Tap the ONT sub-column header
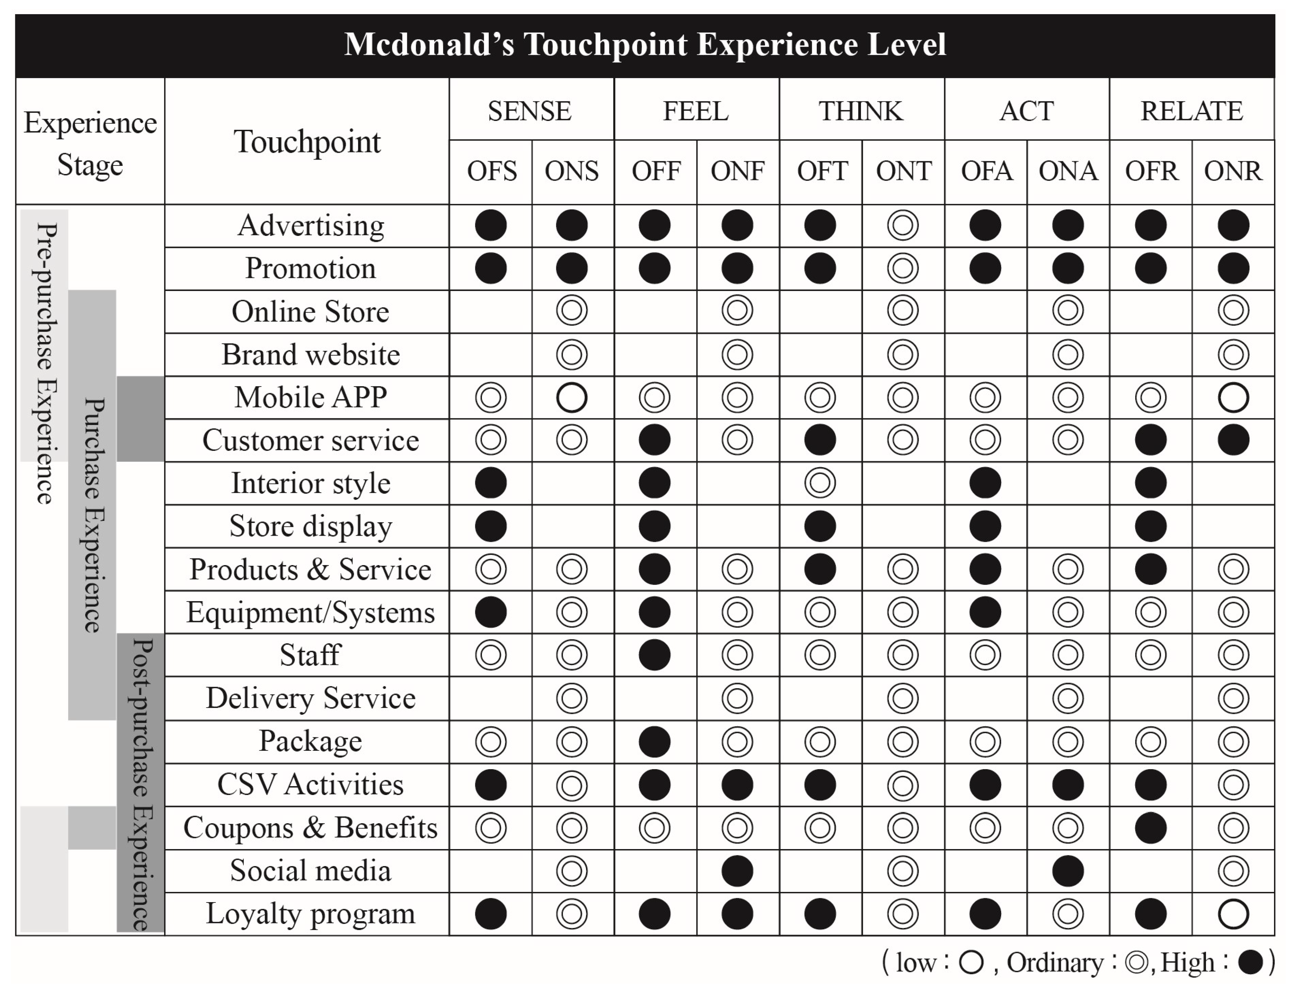pos(903,172)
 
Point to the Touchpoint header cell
pos(307,142)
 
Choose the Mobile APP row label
pos(310,397)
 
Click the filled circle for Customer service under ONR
pos(1233,440)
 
